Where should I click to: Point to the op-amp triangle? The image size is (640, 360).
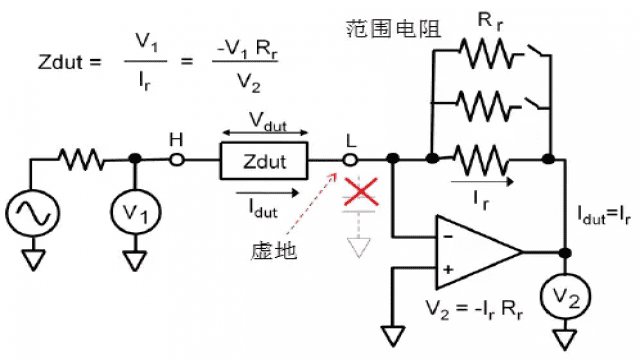click(475, 250)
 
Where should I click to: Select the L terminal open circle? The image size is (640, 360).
click(350, 159)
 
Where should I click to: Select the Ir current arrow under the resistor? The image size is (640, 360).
click(482, 183)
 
